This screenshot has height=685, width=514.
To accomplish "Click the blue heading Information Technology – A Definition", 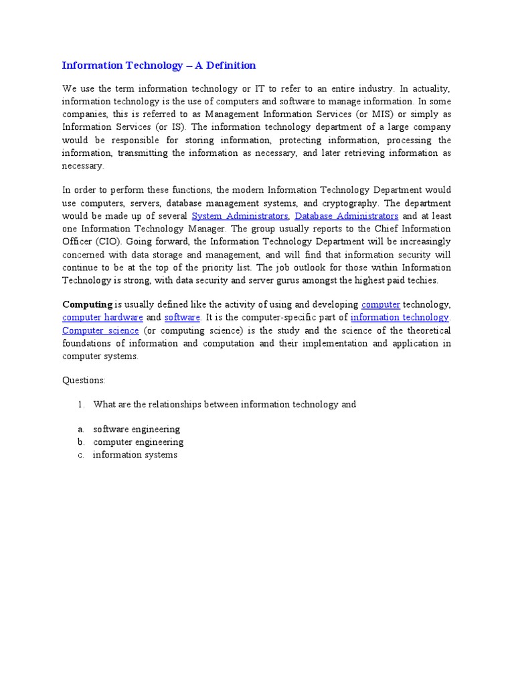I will pos(159,66).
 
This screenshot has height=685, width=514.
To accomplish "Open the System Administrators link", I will pos(240,216).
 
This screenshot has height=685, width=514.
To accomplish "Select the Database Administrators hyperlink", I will pos(347,216).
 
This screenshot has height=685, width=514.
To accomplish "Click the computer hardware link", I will pos(102,318).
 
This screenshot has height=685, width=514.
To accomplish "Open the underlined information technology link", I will pos(400,318).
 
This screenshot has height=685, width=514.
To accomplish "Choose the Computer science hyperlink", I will pos(100,330).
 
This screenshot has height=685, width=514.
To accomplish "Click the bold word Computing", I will pos(87,305).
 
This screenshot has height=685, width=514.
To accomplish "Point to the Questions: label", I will pos(84,380).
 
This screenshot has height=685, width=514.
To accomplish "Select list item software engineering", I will pos(137,429).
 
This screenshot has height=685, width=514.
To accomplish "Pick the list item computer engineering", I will pos(138,442).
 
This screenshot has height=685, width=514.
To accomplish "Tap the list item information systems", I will pos(135,455).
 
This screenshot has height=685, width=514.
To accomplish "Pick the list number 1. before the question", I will pos(81,405).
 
